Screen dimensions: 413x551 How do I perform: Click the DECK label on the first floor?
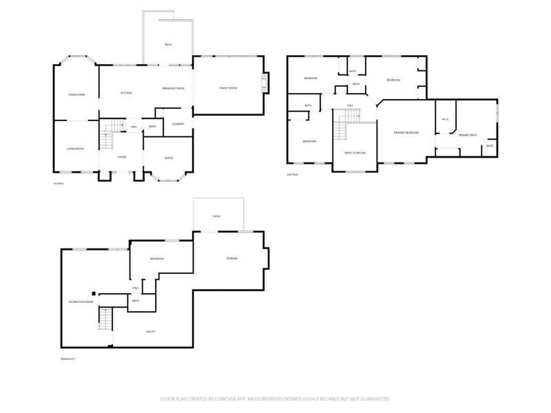tap(167, 45)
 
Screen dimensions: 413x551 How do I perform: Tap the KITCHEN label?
tap(126, 93)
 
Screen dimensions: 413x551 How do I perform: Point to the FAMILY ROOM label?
tap(228, 88)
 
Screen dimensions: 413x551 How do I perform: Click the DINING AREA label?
tap(76, 94)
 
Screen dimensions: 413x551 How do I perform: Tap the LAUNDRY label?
tap(177, 124)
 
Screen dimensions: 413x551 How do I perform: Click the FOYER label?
tap(121, 157)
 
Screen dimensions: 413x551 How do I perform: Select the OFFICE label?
tap(168, 157)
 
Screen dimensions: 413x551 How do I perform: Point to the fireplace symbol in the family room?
tap(263, 83)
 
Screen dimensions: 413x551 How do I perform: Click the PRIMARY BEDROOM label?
tap(406, 131)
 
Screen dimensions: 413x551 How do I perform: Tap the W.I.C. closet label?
tap(445, 119)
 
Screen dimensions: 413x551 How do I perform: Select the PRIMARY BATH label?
tap(468, 135)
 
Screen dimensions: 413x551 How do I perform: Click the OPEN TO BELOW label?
tap(355, 153)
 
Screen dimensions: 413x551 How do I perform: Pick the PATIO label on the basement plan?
tap(216, 216)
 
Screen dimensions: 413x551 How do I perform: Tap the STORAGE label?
tap(232, 258)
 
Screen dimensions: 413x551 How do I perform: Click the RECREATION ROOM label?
tap(81, 302)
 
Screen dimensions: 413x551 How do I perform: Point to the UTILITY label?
tap(149, 332)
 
